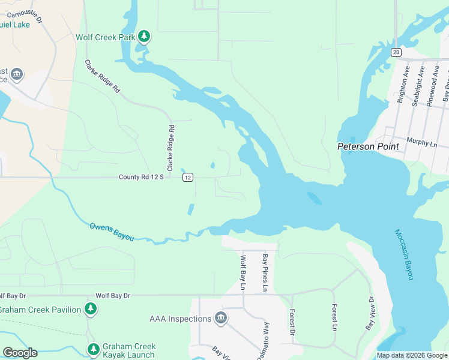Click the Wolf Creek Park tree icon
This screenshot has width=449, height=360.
[143, 37]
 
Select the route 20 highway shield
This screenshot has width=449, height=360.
[396, 52]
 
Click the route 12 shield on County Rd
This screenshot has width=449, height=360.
[188, 177]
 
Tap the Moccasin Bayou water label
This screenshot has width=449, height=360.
[404, 254]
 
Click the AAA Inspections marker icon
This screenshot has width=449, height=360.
[220, 318]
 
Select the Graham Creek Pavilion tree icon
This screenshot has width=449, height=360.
[90, 309]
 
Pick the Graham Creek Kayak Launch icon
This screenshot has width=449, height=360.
[93, 349]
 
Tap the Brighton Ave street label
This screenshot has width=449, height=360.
[405, 85]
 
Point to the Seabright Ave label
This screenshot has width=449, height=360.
[419, 86]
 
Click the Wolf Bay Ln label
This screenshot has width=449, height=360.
[243, 273]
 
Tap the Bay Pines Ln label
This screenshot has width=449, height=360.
[265, 273]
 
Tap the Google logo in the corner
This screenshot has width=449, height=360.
[20, 352]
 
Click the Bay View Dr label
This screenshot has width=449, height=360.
[370, 313]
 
